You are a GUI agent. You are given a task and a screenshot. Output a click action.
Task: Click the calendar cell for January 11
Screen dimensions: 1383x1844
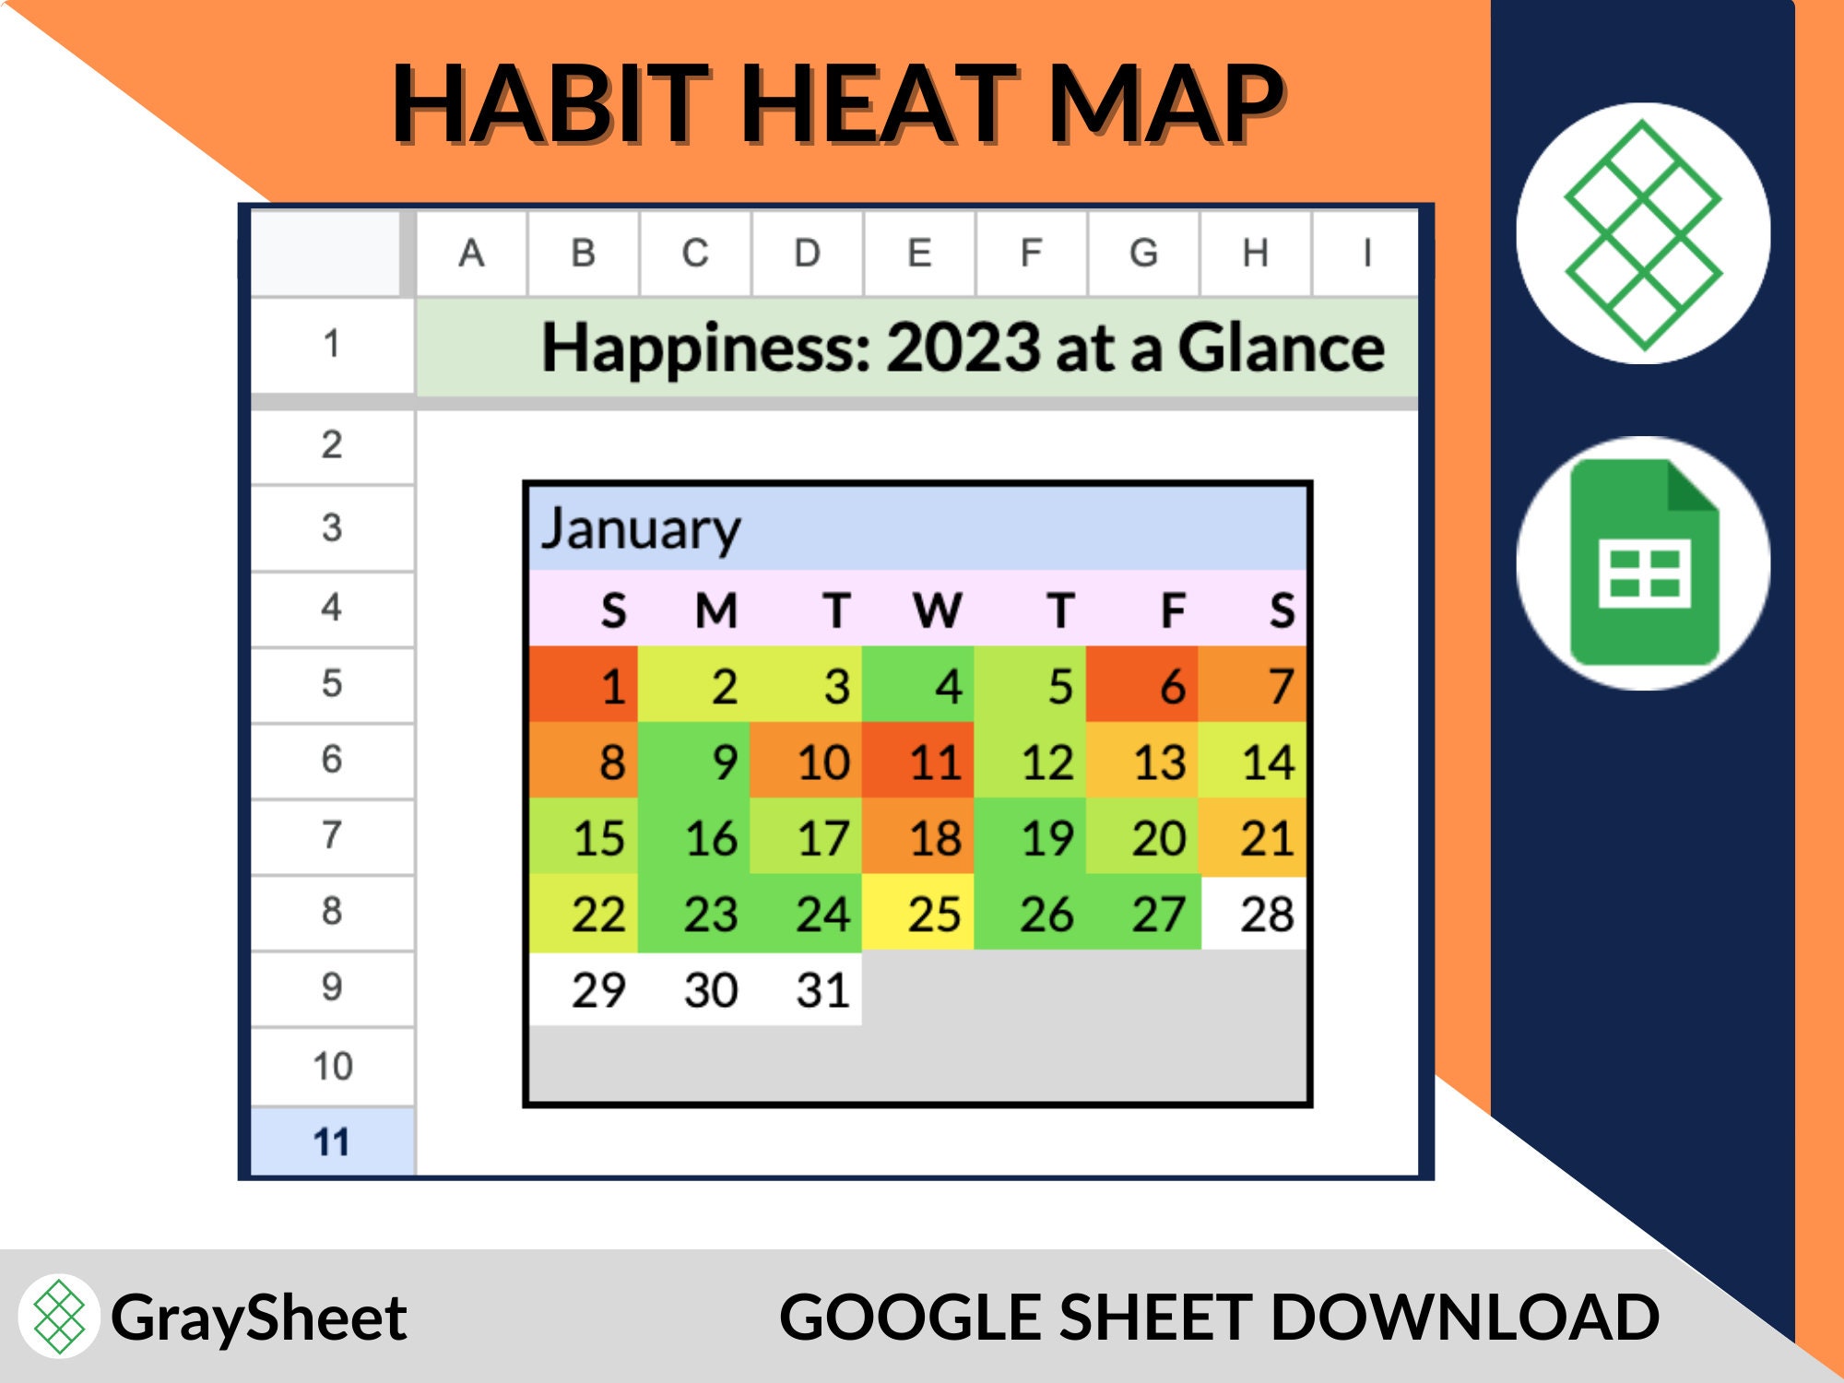coord(918,761)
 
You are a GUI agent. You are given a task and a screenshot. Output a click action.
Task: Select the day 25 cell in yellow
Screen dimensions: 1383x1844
coord(918,914)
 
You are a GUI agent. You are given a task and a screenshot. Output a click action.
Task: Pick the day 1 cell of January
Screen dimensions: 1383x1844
coord(584,685)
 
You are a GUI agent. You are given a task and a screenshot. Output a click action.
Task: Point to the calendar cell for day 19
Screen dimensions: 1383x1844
coord(1031,837)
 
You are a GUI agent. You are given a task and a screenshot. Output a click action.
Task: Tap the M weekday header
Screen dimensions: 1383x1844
coord(716,609)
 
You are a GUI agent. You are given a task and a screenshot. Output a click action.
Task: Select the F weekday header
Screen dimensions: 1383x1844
coord(1172,609)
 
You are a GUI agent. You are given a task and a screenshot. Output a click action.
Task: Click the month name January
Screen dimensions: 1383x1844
coord(641,528)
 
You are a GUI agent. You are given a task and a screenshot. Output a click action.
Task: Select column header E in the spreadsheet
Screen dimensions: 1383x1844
coord(919,253)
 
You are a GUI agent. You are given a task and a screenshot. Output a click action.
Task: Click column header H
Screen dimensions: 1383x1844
coord(1255,253)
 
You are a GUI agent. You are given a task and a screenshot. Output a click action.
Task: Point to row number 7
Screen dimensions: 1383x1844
coord(332,835)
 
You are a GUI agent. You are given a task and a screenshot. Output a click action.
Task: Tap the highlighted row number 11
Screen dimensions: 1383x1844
coord(332,1142)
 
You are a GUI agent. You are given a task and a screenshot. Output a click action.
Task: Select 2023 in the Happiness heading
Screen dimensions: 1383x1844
coord(963,349)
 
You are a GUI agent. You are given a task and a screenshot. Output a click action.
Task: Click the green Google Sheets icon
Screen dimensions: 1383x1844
coord(1644,563)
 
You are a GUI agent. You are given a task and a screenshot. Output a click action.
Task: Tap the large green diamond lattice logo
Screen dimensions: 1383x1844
coord(1643,234)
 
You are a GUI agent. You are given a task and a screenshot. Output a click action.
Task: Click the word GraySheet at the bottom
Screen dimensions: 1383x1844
coord(258,1318)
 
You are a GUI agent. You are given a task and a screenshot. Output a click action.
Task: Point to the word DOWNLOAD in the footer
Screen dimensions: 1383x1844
coord(1465,1318)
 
